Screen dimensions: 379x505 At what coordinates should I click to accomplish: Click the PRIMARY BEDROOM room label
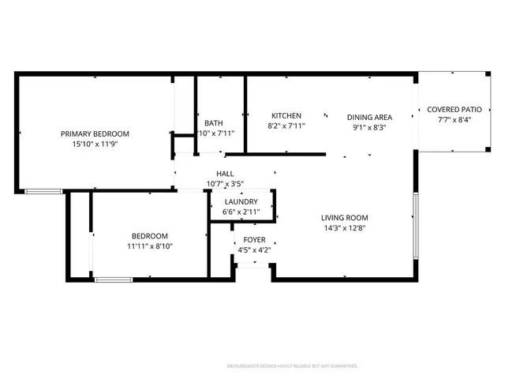pyautogui.click(x=95, y=134)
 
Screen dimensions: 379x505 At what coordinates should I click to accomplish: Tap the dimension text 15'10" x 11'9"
pyautogui.click(x=95, y=144)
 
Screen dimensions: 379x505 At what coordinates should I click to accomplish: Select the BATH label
pyautogui.click(x=213, y=123)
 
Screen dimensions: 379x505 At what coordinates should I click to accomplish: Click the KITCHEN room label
pyautogui.click(x=286, y=115)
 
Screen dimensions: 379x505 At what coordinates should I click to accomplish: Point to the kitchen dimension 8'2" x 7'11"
pyautogui.click(x=286, y=126)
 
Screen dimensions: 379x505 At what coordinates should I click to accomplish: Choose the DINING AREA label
pyautogui.click(x=369, y=117)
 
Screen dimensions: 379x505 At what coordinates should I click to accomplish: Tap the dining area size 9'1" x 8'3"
pyautogui.click(x=369, y=126)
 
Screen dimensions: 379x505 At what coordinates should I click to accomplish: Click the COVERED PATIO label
pyautogui.click(x=454, y=110)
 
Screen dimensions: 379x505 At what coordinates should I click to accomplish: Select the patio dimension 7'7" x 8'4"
pyautogui.click(x=454, y=120)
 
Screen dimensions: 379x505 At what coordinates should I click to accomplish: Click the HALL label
pyautogui.click(x=225, y=174)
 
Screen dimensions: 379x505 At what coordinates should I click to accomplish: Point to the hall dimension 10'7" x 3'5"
pyautogui.click(x=225, y=184)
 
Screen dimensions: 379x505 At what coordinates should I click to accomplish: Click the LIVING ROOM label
pyautogui.click(x=344, y=218)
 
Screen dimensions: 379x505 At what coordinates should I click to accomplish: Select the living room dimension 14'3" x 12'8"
pyautogui.click(x=344, y=228)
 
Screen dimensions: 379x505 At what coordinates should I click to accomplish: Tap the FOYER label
pyautogui.click(x=254, y=240)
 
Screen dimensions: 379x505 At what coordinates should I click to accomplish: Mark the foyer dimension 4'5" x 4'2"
pyautogui.click(x=254, y=250)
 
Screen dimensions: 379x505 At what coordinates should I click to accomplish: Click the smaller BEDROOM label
pyautogui.click(x=149, y=236)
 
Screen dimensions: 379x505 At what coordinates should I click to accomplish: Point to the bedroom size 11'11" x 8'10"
pyautogui.click(x=149, y=246)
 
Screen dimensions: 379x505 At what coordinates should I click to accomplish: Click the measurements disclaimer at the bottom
pyautogui.click(x=292, y=366)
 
